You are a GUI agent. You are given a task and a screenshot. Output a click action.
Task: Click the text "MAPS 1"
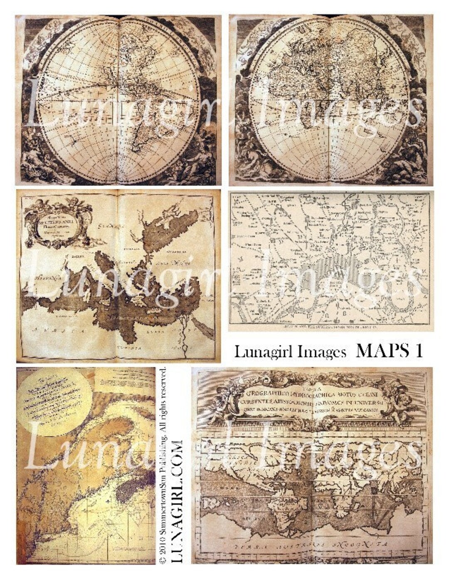click(390, 352)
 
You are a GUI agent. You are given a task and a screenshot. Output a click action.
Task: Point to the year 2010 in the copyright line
click(163, 549)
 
